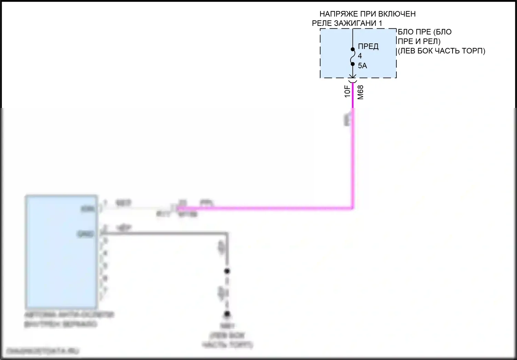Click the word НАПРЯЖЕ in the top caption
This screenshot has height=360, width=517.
pyautogui.click(x=338, y=14)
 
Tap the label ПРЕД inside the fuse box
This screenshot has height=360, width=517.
pyautogui.click(x=368, y=47)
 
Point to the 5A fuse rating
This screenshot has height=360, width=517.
pyautogui.click(x=362, y=66)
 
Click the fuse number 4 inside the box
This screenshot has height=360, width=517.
pyautogui.click(x=360, y=56)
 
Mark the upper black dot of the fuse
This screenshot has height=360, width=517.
pyautogui.click(x=353, y=49)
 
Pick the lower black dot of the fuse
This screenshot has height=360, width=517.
pyautogui.click(x=353, y=64)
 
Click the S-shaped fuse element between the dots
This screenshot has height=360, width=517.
pyautogui.click(x=353, y=57)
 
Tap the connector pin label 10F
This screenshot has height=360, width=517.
pyautogui.click(x=347, y=91)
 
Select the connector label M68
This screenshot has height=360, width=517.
pyautogui.click(x=361, y=92)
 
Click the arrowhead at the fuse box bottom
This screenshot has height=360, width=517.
pyautogui.click(x=353, y=76)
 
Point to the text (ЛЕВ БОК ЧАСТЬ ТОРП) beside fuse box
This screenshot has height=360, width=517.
pyautogui.click(x=441, y=51)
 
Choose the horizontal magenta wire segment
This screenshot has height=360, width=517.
pyautogui.click(x=265, y=208)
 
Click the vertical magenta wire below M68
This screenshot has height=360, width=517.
pyautogui.click(x=353, y=155)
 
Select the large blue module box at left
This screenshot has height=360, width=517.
pyautogui.click(x=61, y=252)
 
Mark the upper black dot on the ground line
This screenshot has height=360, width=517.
pyautogui.click(x=227, y=271)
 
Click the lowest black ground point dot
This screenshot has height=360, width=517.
pyautogui.click(x=227, y=314)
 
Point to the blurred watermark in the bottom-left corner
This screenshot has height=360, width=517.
pyautogui.click(x=43, y=351)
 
